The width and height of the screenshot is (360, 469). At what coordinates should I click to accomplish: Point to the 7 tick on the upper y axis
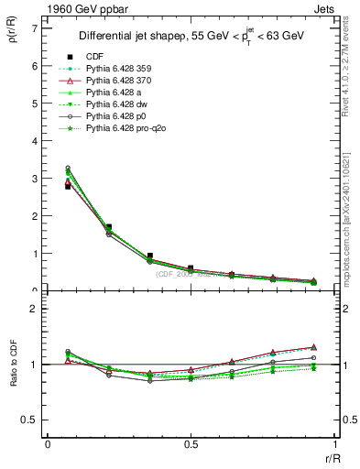point(34,28)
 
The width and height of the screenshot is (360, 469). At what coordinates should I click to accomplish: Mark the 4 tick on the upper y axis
point(34,141)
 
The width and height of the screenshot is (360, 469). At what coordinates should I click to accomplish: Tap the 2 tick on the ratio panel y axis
point(34,309)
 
